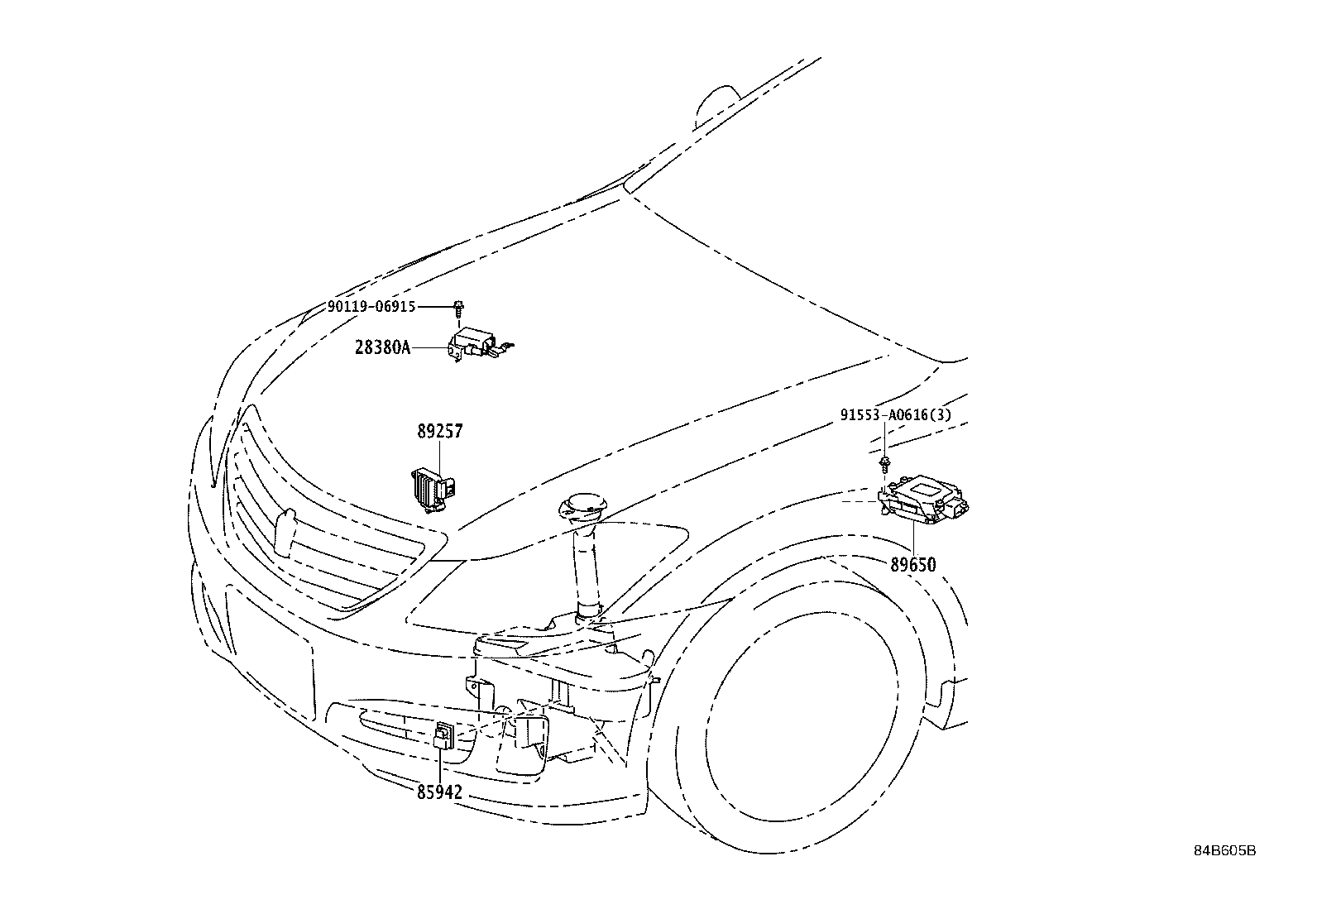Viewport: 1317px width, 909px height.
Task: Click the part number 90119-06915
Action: (x=371, y=306)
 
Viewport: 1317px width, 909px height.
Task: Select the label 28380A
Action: (x=382, y=347)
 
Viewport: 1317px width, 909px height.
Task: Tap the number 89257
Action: (x=439, y=431)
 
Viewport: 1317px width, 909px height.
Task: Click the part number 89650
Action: (x=913, y=565)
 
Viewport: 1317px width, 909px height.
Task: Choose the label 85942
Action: (x=439, y=792)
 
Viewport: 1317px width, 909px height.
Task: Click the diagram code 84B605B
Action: (x=1224, y=850)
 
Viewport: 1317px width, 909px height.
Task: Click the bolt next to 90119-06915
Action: (x=458, y=309)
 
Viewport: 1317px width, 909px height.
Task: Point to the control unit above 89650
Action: (x=922, y=500)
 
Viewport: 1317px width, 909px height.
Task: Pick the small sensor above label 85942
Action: (x=443, y=734)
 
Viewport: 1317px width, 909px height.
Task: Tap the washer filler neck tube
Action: (x=585, y=571)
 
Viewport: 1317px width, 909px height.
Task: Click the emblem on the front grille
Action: (x=284, y=529)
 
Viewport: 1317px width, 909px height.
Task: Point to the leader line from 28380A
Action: (x=430, y=348)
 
